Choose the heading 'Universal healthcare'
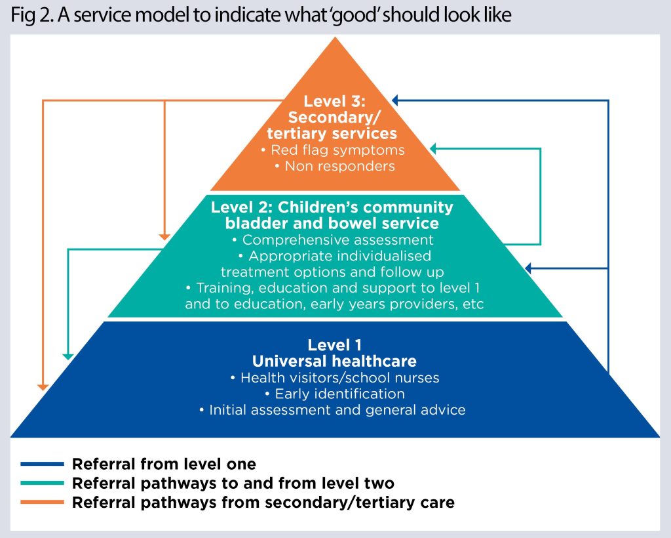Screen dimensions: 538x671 (334, 361)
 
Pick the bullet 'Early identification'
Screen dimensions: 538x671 (334, 394)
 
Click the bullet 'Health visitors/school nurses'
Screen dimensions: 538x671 (334, 378)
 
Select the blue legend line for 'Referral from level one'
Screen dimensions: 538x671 (42, 464)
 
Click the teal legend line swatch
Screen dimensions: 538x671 (42, 484)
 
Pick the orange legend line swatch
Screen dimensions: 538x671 (42, 503)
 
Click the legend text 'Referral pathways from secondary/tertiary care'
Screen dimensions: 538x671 (263, 503)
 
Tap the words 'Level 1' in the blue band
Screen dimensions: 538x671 (335, 344)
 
